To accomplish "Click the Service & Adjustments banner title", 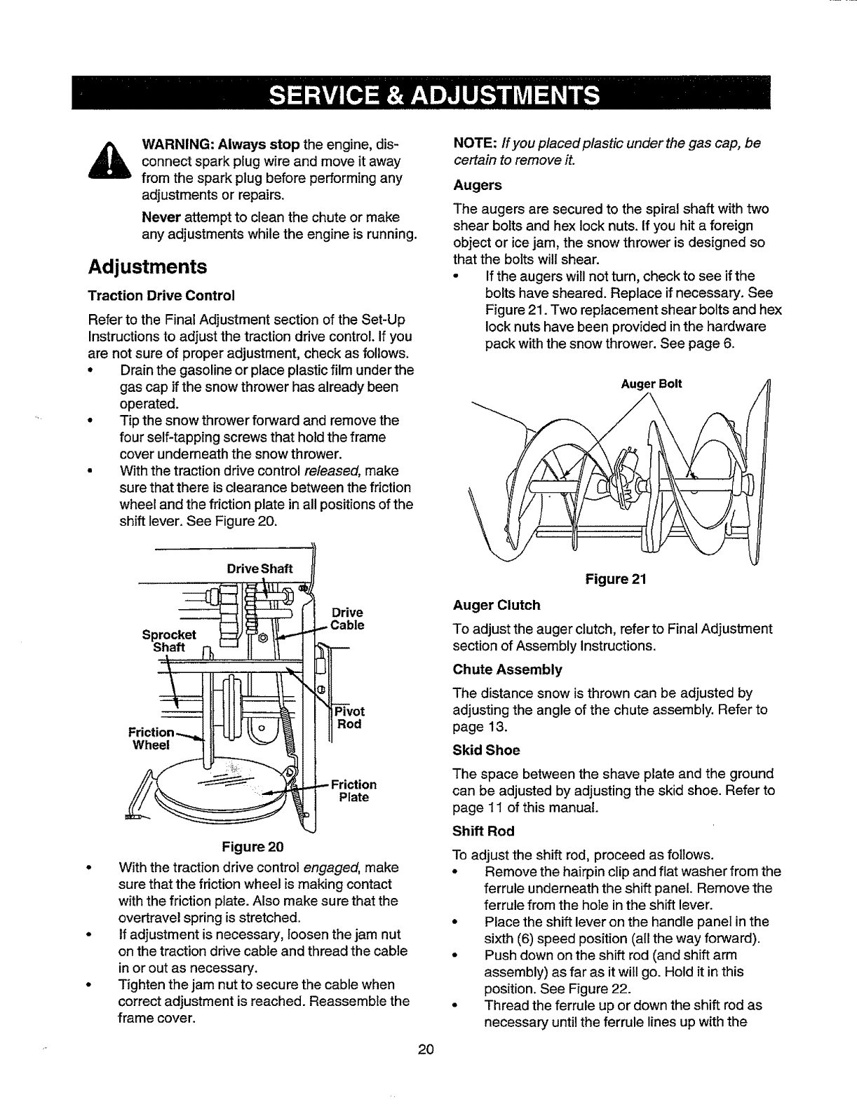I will (x=428, y=94).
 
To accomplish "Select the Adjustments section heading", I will (x=147, y=266).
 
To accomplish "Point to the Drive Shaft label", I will (x=259, y=568).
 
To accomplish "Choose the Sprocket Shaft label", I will (x=169, y=641).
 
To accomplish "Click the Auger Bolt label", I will (x=652, y=384).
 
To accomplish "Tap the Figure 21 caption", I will (x=615, y=579).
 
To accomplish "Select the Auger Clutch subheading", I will (x=497, y=605).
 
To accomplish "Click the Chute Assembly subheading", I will (x=508, y=669).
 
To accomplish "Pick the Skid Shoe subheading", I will (x=487, y=750).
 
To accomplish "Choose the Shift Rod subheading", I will (x=484, y=831).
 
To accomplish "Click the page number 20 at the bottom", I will (x=426, y=1049).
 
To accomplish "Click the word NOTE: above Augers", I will (x=474, y=144).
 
